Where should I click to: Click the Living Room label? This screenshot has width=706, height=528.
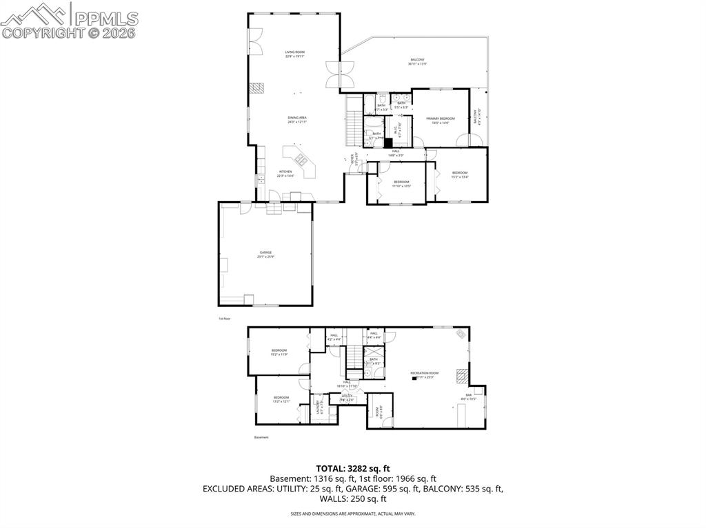[x=295, y=54]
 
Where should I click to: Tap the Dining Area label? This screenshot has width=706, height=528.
[x=297, y=120]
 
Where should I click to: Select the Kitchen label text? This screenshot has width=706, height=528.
[x=285, y=173]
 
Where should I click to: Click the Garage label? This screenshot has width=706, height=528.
[x=265, y=255]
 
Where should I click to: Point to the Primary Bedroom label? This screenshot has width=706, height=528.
[x=441, y=120]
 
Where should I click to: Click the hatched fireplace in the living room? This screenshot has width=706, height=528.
[x=256, y=88]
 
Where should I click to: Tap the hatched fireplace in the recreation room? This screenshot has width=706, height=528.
[x=463, y=377]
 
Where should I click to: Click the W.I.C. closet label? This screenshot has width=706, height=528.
[x=396, y=129]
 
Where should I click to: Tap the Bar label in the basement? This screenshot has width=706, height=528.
[x=468, y=397]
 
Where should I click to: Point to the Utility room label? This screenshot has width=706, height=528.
[x=347, y=397]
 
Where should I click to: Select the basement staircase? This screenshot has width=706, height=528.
[x=354, y=357]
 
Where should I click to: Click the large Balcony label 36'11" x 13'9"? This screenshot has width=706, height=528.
[x=417, y=61]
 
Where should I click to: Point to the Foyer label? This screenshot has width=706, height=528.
[x=355, y=159]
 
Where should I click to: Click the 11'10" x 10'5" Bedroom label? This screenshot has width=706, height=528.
[x=401, y=184]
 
